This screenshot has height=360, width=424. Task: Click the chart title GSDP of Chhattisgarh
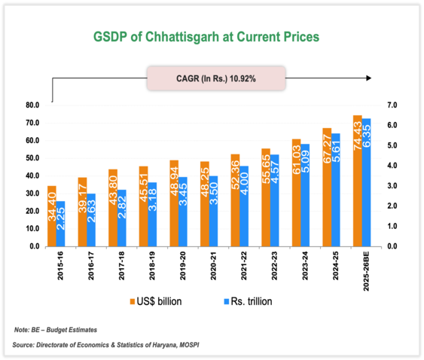[x=205, y=36]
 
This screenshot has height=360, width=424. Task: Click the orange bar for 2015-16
[x=52, y=215]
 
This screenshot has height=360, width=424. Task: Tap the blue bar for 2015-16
[x=60, y=223]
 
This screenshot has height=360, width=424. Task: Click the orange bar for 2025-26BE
[x=357, y=181]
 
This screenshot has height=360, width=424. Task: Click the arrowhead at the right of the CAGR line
[x=369, y=78]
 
